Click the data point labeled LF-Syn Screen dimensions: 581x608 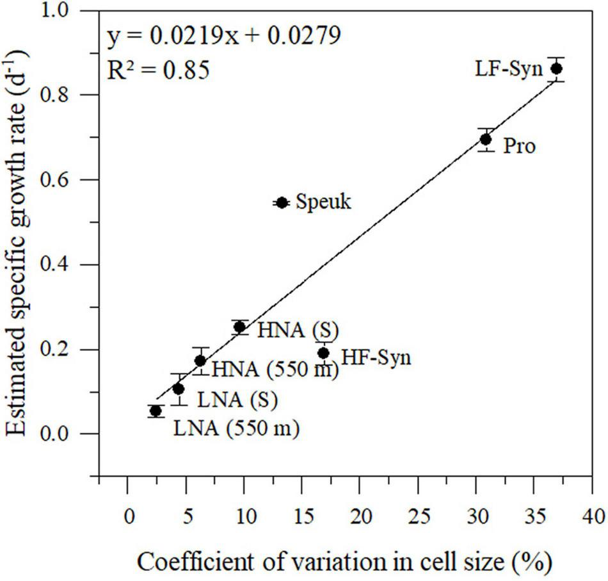(x=556, y=69)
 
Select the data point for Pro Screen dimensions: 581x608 (x=486, y=139)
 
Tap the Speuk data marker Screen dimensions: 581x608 (x=282, y=202)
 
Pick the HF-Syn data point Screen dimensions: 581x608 (x=324, y=353)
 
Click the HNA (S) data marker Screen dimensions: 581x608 (x=240, y=327)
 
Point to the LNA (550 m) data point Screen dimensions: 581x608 (x=155, y=411)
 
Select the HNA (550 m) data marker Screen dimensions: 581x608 (x=200, y=361)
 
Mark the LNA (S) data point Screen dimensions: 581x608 (x=179, y=389)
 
